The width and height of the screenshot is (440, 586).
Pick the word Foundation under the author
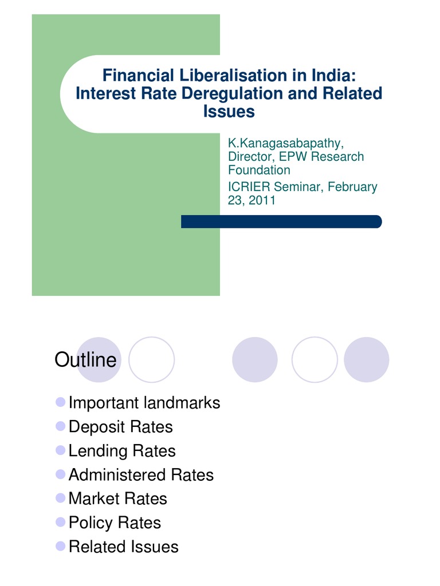click(259, 170)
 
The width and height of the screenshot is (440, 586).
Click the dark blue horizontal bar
click(281, 221)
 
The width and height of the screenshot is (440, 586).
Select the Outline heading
click(85, 361)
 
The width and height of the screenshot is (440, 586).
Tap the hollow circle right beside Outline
click(151, 359)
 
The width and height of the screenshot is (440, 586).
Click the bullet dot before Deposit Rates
click(60, 426)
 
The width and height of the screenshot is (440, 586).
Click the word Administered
click(117, 475)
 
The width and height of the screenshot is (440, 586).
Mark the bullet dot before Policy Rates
click(60, 522)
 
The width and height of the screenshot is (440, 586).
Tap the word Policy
click(91, 522)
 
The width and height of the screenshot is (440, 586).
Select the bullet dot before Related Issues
click(60, 546)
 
